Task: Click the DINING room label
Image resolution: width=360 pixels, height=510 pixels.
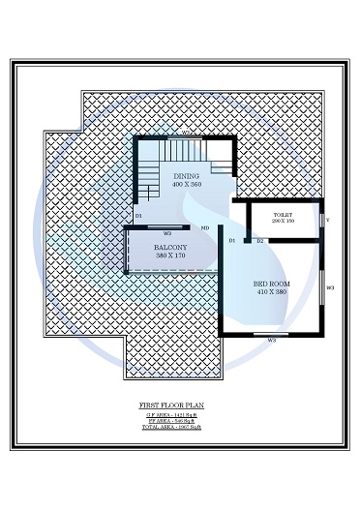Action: pos(187,176)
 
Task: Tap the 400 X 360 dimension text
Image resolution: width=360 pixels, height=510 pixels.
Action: pos(187,184)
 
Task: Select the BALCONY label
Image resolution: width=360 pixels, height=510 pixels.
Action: pos(170,249)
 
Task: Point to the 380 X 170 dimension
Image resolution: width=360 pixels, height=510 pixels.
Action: pos(170,257)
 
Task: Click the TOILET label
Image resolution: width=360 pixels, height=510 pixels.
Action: pos(284,215)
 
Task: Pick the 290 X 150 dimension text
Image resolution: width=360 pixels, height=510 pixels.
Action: pos(284,222)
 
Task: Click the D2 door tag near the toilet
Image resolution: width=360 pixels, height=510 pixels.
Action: pos(260,239)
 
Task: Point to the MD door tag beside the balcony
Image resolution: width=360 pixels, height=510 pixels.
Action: pos(205,228)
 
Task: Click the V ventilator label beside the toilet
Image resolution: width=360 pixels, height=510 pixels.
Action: pos(327,219)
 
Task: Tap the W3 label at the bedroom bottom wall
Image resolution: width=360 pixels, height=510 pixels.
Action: pos(272,341)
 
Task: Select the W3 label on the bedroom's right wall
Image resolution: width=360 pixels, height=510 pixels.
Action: pos(330,287)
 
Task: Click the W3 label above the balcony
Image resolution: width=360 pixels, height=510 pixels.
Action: pos(167,233)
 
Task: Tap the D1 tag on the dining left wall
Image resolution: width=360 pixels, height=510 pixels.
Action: pos(139,215)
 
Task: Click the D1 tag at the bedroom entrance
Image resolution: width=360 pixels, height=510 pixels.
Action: pos(232,239)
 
